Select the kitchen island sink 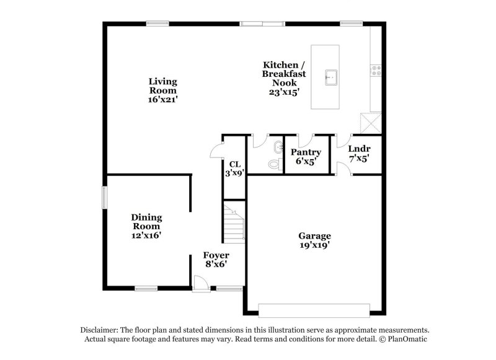[x=332, y=77]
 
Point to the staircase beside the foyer [x=234, y=223]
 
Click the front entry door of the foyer [x=200, y=284]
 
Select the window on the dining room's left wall [x=105, y=198]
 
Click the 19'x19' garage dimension [x=314, y=245]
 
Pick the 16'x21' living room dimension [x=163, y=99]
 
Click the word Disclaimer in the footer [x=100, y=330]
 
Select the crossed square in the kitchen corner [x=371, y=122]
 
